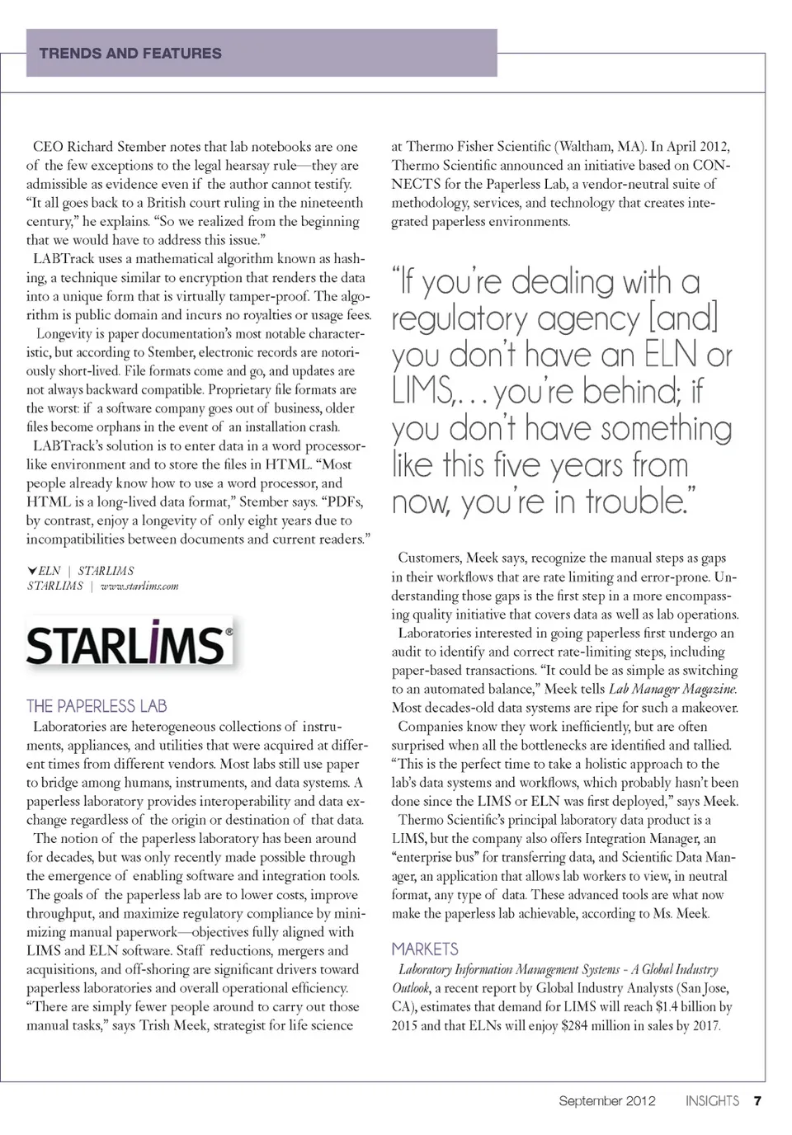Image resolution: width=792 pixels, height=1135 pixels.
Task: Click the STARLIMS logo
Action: [130, 643]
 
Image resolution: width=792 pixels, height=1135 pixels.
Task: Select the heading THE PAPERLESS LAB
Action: [97, 706]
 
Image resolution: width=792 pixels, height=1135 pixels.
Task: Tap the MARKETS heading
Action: [425, 949]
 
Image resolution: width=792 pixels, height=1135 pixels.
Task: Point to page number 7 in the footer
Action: [757, 1100]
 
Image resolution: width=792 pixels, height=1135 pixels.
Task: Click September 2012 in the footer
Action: [607, 1100]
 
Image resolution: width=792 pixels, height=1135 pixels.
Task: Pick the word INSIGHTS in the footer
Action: [712, 1100]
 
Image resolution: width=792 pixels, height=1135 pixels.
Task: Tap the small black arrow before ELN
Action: [32, 570]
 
